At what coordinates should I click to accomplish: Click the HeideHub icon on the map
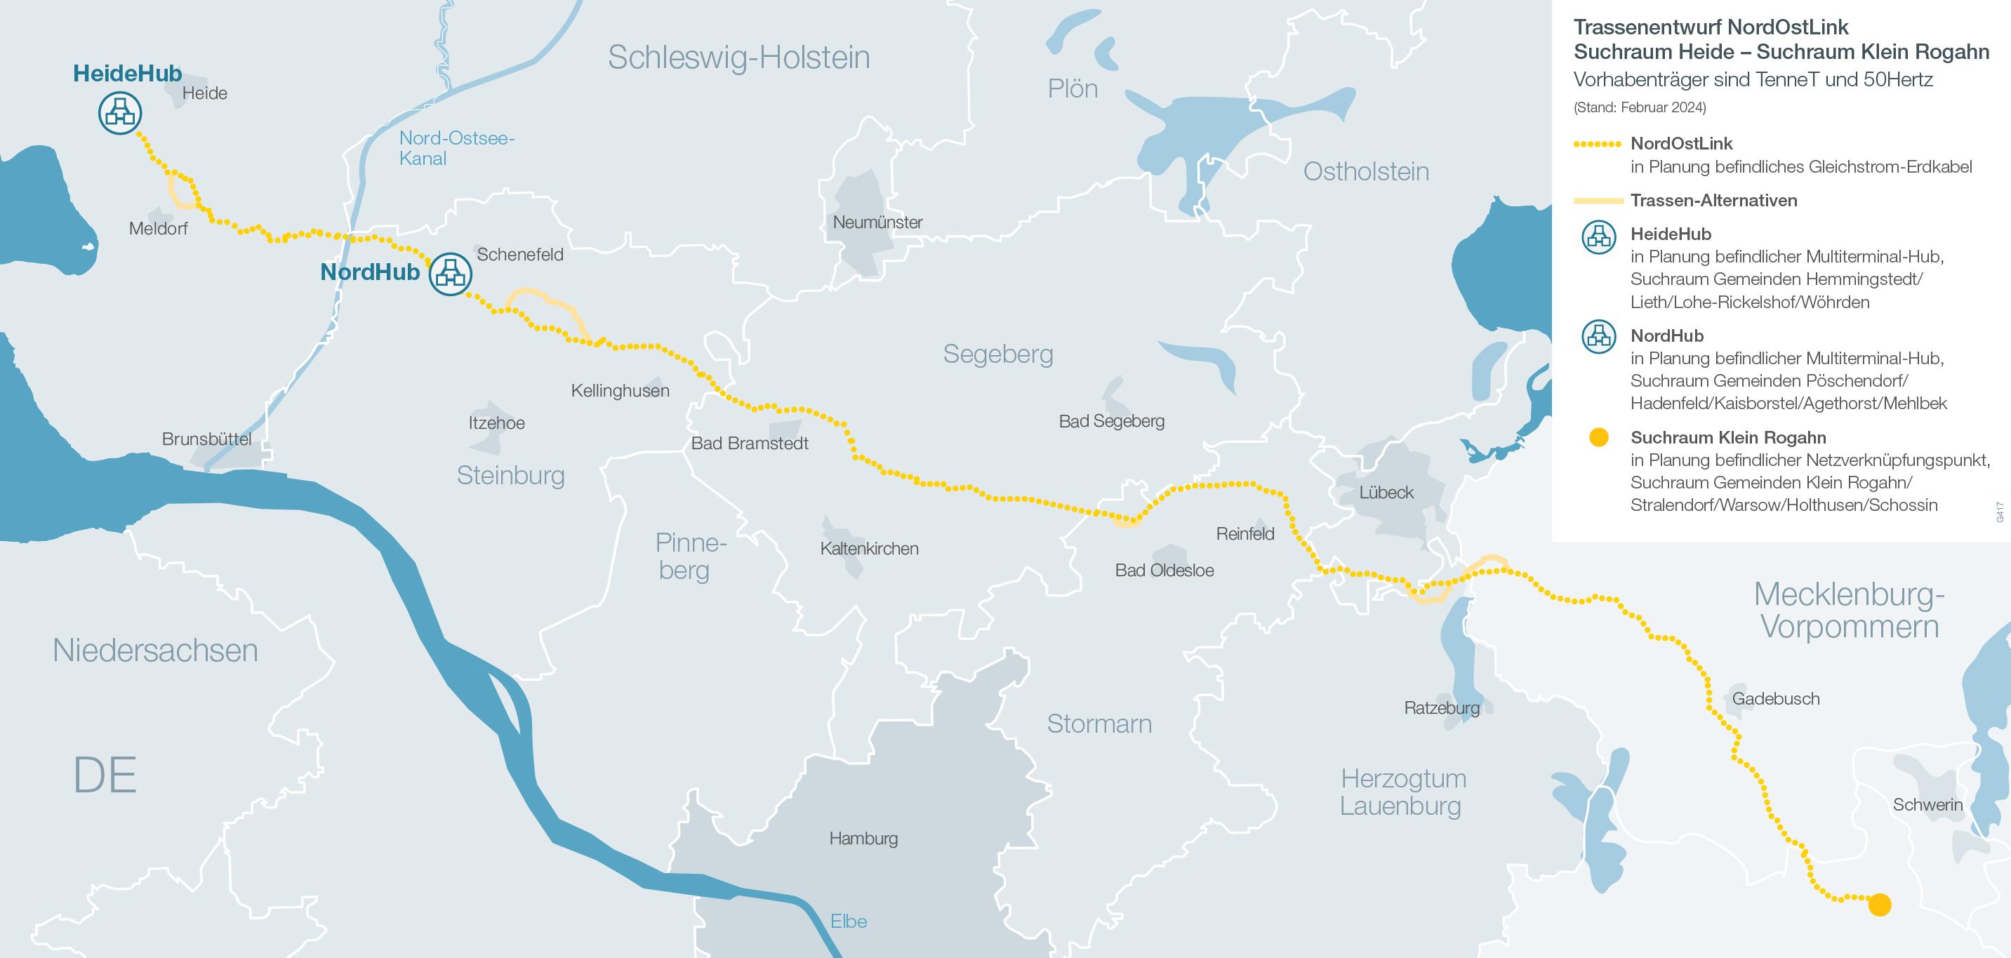pyautogui.click(x=119, y=112)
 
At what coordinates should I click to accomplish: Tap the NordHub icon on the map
pyautogui.click(x=450, y=273)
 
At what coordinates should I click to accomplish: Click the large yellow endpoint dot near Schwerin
pyautogui.click(x=1879, y=905)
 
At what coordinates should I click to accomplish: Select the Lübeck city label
pyautogui.click(x=1386, y=493)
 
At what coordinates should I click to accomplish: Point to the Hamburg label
pyautogui.click(x=863, y=839)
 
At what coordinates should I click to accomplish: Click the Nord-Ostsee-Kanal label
pyautogui.click(x=456, y=148)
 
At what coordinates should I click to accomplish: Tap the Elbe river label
pyautogui.click(x=848, y=922)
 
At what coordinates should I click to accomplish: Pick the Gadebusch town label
pyautogui.click(x=1775, y=699)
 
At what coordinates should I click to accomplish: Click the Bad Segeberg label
pyautogui.click(x=1111, y=422)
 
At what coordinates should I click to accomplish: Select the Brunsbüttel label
pyautogui.click(x=206, y=439)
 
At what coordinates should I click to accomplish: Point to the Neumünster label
pyautogui.click(x=877, y=222)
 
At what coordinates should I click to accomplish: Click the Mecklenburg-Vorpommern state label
pyautogui.click(x=1849, y=611)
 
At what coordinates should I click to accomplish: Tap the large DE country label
pyautogui.click(x=105, y=776)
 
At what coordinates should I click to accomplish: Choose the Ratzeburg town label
pyautogui.click(x=1441, y=708)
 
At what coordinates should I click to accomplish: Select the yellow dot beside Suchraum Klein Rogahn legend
pyautogui.click(x=1598, y=437)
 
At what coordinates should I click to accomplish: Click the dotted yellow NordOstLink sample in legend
pyautogui.click(x=1598, y=145)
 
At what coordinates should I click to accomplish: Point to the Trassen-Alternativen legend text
pyautogui.click(x=1713, y=201)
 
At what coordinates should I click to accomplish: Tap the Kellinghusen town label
pyautogui.click(x=620, y=390)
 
